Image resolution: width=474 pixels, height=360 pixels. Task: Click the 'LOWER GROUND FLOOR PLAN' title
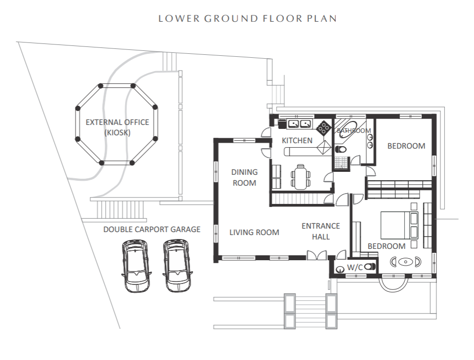point(247,18)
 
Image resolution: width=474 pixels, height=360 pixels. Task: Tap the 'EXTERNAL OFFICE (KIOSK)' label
point(118,127)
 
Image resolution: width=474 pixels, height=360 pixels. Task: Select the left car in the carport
point(136,266)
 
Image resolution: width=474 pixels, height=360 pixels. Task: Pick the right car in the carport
point(177,266)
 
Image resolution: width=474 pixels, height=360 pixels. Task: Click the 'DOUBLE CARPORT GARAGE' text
point(152,230)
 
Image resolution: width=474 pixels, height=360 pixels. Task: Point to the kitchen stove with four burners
point(323,127)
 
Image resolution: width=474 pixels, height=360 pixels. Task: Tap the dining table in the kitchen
point(301,177)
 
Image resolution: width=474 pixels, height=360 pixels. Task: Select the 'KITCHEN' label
point(297,141)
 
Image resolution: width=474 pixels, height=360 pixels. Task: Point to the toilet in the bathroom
point(341,149)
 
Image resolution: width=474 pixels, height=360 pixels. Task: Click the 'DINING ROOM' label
point(244,177)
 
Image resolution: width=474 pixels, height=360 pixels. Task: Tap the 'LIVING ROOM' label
point(254,233)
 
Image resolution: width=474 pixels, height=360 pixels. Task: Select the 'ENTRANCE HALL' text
point(321,231)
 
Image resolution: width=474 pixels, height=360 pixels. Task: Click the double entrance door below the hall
point(317,255)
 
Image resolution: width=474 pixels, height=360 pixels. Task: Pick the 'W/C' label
point(355,268)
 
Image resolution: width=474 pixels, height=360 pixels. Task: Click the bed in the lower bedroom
point(399,225)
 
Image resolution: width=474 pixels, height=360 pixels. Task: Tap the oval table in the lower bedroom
point(405,262)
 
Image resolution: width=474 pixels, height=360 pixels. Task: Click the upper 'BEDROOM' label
point(406,146)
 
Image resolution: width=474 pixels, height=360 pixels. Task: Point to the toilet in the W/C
point(370,267)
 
